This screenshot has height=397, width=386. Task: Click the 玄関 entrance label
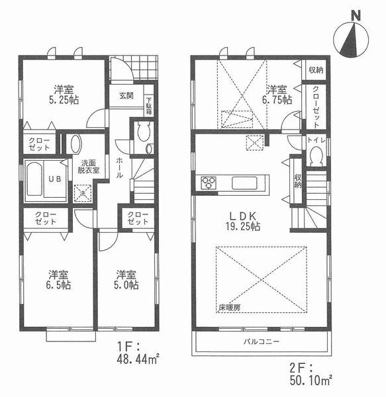click(126, 96)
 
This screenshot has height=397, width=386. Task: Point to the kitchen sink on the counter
click(240, 182)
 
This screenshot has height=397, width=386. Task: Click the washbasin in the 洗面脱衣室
click(75, 144)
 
